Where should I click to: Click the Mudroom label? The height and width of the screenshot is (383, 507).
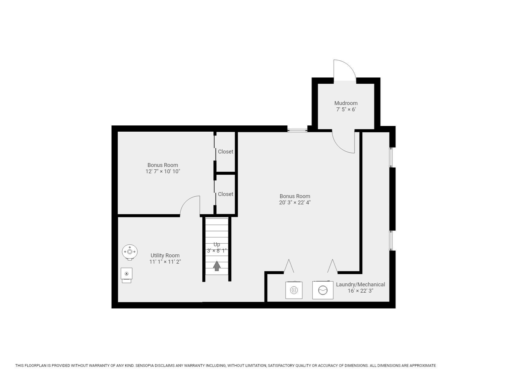point(346,103)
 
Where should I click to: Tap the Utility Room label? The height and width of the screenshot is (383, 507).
point(165,256)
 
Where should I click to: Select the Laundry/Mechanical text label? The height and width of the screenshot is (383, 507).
point(360,285)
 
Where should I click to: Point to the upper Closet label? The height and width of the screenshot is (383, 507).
point(225,152)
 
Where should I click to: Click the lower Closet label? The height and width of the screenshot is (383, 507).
point(225,194)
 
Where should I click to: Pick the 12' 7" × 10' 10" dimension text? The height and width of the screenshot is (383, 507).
point(163,171)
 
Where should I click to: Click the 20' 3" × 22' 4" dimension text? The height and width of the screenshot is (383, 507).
point(295,203)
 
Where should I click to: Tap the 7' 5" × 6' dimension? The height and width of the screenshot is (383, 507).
point(346,110)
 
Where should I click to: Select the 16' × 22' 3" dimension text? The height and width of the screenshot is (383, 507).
point(360,291)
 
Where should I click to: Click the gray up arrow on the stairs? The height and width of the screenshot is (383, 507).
point(217,266)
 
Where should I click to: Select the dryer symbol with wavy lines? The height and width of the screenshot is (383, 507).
point(294,290)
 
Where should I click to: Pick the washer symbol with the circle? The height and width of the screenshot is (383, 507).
point(323,290)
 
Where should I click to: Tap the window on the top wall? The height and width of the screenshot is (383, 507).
point(297,130)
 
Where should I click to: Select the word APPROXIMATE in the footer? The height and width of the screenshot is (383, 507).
point(422,366)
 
